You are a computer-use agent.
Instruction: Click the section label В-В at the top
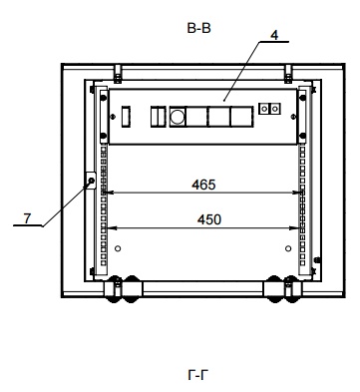click(x=198, y=28)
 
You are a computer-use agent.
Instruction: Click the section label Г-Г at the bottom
click(x=198, y=376)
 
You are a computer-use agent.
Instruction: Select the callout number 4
click(x=274, y=35)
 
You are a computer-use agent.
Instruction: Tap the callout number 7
click(x=27, y=218)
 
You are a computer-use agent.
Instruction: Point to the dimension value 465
click(x=203, y=185)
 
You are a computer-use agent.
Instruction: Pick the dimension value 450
click(x=209, y=219)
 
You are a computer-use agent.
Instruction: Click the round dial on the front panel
click(x=177, y=117)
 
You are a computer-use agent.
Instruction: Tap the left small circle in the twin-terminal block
click(x=264, y=109)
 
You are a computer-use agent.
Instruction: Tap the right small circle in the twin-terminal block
click(x=275, y=109)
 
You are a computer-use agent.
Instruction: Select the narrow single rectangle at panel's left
click(x=126, y=116)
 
